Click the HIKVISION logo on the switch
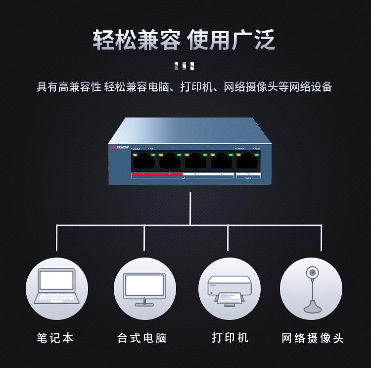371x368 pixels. pyautogui.click(x=119, y=147)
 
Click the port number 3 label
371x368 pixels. pyautogui.click(x=195, y=175)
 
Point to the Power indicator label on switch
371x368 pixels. pyautogui.click(x=256, y=149)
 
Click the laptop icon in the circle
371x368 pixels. pyautogui.click(x=56, y=287)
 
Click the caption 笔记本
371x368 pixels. pyautogui.click(x=55, y=338)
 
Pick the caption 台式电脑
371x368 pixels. pyautogui.click(x=142, y=338)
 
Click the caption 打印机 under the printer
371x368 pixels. pyautogui.click(x=230, y=338)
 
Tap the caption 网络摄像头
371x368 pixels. pyautogui.click(x=313, y=338)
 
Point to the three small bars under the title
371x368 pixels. pyautogui.click(x=185, y=66)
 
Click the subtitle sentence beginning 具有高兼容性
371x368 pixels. pyautogui.click(x=184, y=87)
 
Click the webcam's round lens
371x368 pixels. pyautogui.click(x=312, y=272)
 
